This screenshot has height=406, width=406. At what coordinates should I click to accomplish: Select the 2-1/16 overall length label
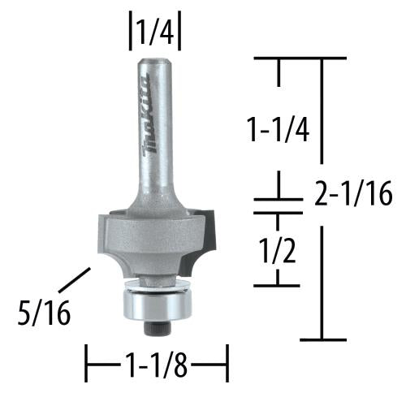352,194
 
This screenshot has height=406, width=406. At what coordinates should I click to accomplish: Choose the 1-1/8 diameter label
156,356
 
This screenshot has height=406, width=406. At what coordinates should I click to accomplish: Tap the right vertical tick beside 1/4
179,34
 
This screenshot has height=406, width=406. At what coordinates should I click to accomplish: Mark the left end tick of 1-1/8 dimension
88,356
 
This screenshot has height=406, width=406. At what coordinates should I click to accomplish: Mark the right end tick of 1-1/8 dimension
227,356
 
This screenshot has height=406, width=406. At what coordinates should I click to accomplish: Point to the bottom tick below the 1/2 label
279,284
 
